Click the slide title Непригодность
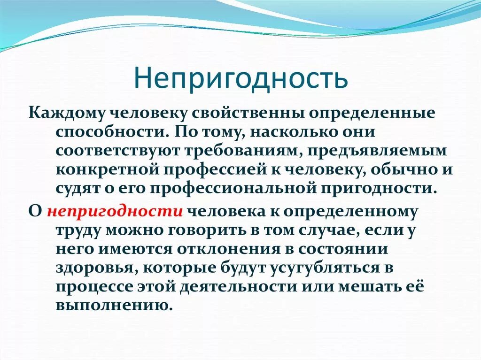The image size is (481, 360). [240, 78]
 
